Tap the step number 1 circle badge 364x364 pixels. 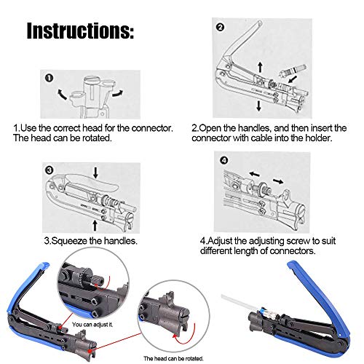[x=48, y=79]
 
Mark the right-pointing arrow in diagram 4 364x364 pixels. [x=277, y=180]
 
